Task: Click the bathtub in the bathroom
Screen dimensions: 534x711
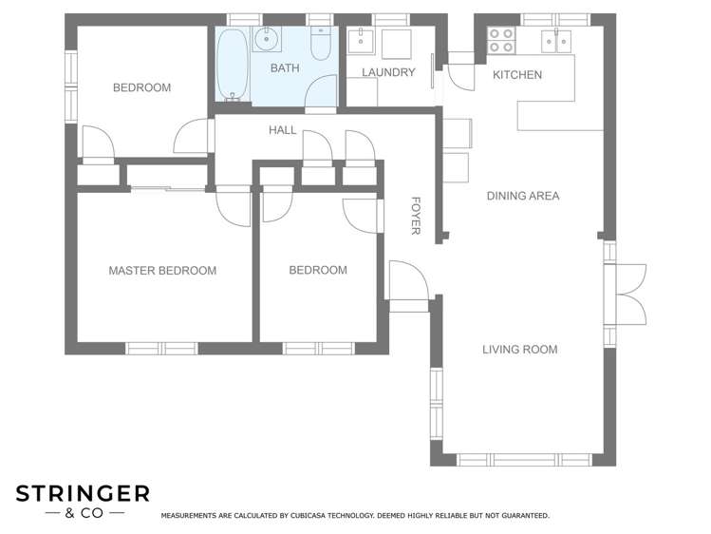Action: tap(232, 66)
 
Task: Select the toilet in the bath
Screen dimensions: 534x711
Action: tap(320, 44)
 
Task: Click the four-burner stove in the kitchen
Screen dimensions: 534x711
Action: tap(500, 40)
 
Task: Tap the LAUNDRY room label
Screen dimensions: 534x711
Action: tap(388, 72)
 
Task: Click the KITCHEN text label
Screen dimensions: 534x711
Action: tap(517, 74)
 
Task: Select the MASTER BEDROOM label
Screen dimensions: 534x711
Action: tap(162, 271)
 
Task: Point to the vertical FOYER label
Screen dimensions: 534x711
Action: tap(415, 216)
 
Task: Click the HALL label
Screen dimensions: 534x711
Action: tap(282, 130)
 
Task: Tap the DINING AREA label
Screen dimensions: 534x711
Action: tap(523, 196)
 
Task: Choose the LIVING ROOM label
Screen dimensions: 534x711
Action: tap(519, 350)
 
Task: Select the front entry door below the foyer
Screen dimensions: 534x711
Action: tap(408, 285)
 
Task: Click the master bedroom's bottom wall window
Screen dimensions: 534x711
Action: tap(161, 349)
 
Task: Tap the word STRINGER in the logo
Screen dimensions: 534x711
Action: tap(83, 493)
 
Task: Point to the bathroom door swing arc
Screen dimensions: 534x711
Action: tap(321, 93)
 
